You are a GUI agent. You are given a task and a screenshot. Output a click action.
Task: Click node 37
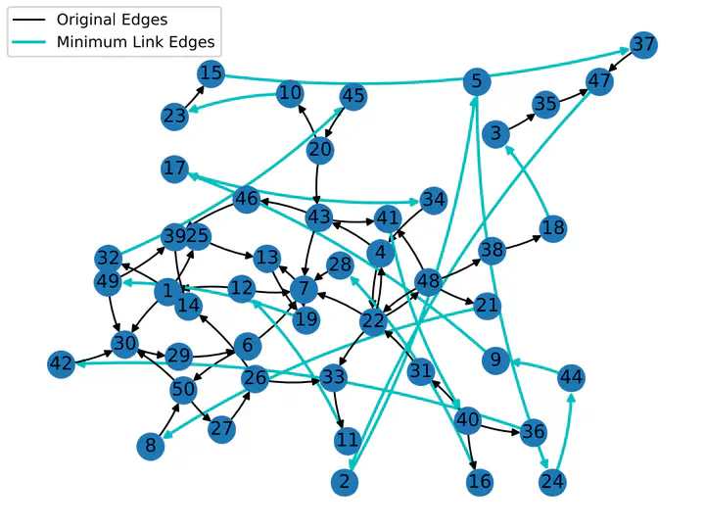pos(643,45)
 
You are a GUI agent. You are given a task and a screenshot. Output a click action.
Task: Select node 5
pos(477,82)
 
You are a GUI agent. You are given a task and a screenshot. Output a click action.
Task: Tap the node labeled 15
pos(211,73)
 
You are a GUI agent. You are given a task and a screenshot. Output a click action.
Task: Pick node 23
pos(174,117)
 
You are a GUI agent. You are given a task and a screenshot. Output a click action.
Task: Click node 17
pos(174,168)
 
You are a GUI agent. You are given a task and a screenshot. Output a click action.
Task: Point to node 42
pos(61,363)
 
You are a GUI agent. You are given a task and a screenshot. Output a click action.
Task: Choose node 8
pos(151,446)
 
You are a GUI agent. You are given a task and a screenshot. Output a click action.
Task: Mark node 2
pos(345,482)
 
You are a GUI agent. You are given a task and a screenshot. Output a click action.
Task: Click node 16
pos(480,482)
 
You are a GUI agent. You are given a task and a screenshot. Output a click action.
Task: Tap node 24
pos(552,482)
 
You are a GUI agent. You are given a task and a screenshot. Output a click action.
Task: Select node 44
pos(572,378)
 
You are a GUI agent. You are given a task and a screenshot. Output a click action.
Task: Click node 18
pos(553,228)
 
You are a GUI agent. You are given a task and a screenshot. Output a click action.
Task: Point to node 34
pos(434,200)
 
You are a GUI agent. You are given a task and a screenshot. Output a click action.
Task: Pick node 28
pos(340,265)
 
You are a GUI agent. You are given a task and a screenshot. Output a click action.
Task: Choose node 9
pos(495,360)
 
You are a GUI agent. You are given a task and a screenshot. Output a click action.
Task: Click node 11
pos(348,440)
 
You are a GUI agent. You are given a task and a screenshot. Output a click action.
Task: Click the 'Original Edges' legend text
pos(112,20)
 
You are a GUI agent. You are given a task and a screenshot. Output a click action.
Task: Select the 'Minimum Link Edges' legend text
pos(136,42)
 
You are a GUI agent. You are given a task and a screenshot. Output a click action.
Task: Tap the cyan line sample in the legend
pos(29,42)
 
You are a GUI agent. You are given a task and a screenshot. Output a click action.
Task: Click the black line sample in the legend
pos(29,20)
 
